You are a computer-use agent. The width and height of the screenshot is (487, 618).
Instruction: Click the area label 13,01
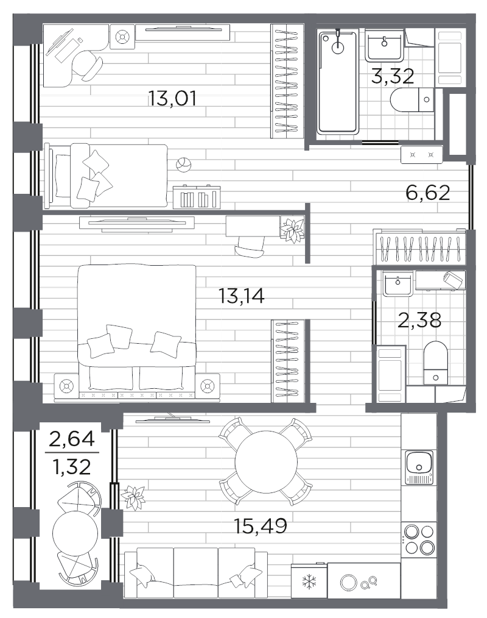[172, 98]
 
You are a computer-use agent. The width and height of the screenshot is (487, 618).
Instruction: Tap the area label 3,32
[393, 76]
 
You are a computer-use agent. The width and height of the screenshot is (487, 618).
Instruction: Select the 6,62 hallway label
[427, 193]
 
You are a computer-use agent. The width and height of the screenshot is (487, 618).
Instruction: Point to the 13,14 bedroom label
[241, 296]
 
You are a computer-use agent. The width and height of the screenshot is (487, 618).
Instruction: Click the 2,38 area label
[419, 320]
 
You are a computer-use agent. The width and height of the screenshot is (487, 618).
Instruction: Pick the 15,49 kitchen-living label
[260, 525]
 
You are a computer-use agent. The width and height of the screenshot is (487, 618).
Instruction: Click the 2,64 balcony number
[72, 439]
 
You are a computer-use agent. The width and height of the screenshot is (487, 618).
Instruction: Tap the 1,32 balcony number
[72, 467]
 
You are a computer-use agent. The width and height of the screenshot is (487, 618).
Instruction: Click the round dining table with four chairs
[266, 462]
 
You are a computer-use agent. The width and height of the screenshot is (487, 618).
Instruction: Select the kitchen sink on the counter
[419, 467]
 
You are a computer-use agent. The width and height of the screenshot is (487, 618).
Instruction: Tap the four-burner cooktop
[419, 539]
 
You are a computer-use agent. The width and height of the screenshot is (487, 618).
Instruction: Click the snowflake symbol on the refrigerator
[309, 582]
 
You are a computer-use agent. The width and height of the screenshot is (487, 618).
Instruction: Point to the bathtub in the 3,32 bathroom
[338, 82]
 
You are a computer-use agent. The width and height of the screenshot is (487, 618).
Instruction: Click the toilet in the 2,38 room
[435, 363]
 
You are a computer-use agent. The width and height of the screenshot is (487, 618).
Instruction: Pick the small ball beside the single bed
[183, 165]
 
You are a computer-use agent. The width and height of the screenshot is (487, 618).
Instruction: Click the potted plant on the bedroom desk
[292, 229]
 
